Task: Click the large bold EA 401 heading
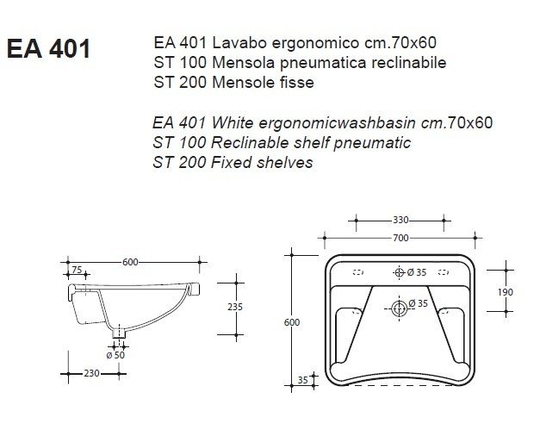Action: (x=48, y=49)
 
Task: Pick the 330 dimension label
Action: (x=400, y=220)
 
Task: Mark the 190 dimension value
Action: (x=506, y=292)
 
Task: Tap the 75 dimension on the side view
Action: (x=78, y=270)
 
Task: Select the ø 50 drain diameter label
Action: (x=115, y=355)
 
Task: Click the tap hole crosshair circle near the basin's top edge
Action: (x=399, y=272)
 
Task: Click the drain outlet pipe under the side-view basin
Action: (x=120, y=331)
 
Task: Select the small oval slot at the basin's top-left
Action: (x=358, y=272)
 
